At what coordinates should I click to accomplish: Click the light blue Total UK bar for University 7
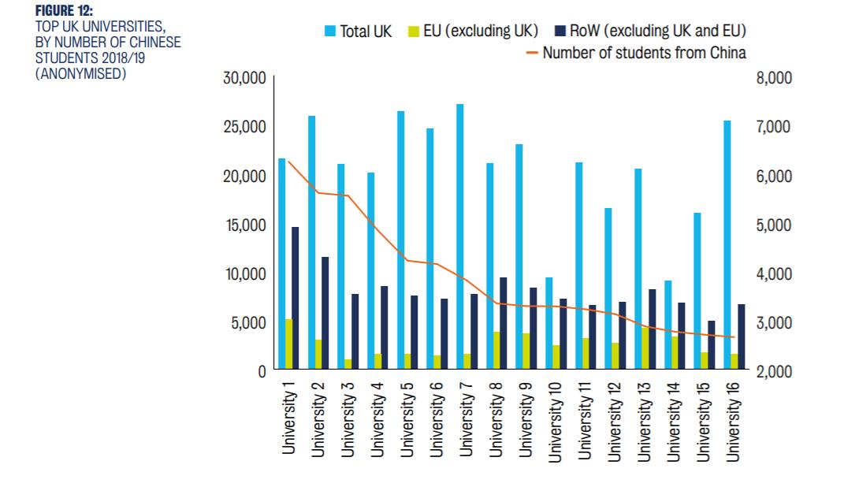point(459,236)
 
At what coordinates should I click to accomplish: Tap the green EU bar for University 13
point(645,348)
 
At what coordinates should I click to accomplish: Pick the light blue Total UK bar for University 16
point(727,244)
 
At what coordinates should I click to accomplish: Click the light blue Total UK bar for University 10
point(548,323)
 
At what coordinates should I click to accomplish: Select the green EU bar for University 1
point(288,344)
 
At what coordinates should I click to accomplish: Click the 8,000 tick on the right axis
point(774,79)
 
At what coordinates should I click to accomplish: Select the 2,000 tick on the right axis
point(774,372)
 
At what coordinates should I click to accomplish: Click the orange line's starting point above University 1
point(288,162)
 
